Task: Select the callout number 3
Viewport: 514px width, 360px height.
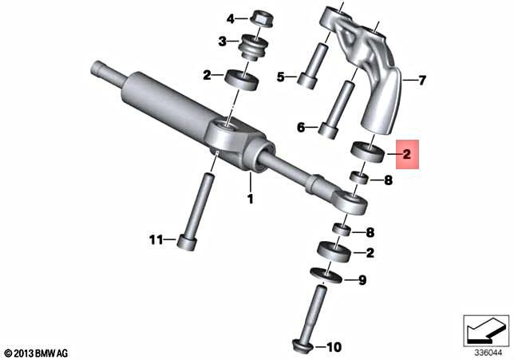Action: pos(224,41)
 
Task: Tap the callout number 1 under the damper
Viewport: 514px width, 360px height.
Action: pos(250,198)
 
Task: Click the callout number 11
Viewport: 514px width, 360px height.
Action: pos(157,239)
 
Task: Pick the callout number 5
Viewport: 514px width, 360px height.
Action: pos(281,77)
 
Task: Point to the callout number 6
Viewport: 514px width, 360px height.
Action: pos(301,127)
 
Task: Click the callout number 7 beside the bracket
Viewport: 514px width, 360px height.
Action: pos(423,80)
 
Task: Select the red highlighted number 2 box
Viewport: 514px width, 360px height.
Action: pos(406,153)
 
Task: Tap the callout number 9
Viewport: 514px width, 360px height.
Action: pos(362,280)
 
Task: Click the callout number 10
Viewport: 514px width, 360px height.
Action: pos(334,347)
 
